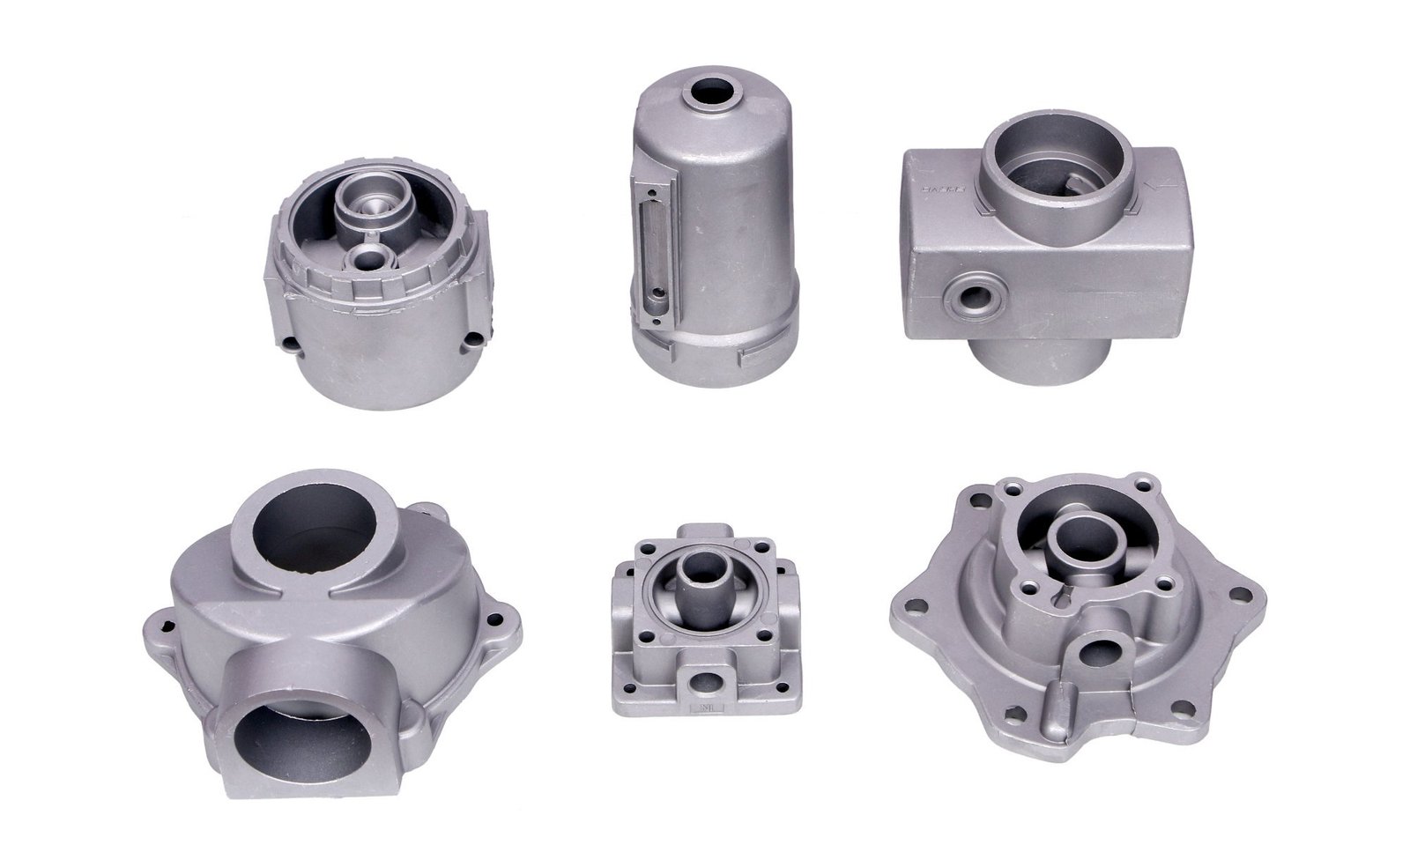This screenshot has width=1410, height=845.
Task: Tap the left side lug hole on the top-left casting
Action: point(289,342)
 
